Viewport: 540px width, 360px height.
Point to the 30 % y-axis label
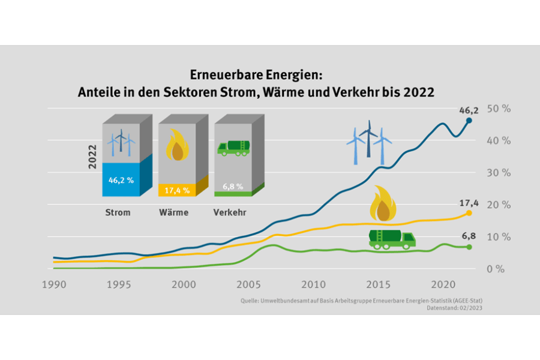click(498, 173)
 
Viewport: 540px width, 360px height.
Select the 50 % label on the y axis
click(498, 109)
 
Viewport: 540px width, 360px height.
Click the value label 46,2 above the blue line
click(469, 110)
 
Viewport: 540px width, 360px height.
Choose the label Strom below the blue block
click(118, 212)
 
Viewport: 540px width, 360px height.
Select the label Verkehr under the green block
click(230, 212)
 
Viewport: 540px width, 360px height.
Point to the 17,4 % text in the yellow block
click(177, 190)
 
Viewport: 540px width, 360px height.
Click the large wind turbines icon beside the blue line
click(369, 142)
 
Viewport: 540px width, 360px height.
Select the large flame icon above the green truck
click(383, 205)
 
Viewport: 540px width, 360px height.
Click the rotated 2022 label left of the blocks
click(92, 157)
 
